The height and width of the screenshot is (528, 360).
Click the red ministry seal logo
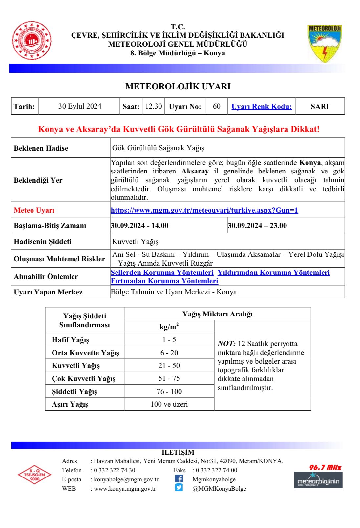[x=32, y=41]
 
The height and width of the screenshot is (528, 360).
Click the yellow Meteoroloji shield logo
[x=324, y=43]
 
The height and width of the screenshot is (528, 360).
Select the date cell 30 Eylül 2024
[x=80, y=106]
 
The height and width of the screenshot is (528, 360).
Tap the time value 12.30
[x=154, y=106]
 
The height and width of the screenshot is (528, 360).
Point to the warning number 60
[x=217, y=106]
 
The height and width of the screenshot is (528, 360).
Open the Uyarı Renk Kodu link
[x=262, y=107]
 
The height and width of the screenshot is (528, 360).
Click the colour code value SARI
[x=320, y=107]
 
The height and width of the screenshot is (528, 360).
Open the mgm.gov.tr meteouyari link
[x=204, y=210]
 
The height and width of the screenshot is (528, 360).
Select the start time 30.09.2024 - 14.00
[x=140, y=226]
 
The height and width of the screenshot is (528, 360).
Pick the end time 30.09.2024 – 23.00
[x=257, y=226]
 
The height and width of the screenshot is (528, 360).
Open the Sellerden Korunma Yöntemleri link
[x=162, y=273]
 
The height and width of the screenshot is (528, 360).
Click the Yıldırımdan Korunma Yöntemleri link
[x=274, y=273]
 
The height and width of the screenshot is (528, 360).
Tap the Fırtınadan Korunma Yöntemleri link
[x=164, y=281]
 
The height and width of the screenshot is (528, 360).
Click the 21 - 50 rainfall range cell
[x=169, y=366]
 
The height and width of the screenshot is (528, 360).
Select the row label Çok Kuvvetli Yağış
[x=84, y=378]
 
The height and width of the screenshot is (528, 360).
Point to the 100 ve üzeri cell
[x=169, y=404]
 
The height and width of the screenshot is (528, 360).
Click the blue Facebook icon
[x=179, y=479]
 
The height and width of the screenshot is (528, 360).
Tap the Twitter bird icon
[x=179, y=488]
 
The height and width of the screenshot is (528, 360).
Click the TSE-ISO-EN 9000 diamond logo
[x=34, y=474]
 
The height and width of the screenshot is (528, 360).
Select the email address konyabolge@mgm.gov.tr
[x=126, y=479]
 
